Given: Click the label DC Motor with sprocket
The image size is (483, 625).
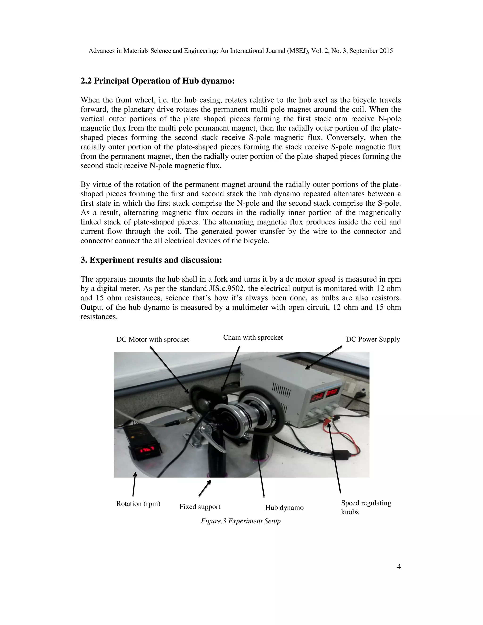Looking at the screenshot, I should (153, 339).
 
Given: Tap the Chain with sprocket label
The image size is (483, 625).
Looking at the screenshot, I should (253, 337).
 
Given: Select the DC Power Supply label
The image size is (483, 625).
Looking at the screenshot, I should (373, 339).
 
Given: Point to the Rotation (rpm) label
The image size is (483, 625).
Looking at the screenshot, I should (138, 504).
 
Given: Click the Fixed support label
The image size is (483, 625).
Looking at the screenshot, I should (200, 507).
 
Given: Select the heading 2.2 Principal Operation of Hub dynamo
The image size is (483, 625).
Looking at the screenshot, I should (157, 81).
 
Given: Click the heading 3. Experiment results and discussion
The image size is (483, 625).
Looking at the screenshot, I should (151, 260).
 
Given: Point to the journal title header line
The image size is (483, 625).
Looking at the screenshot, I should (240, 51).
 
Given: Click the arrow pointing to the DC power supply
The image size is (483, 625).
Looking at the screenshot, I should (323, 358).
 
